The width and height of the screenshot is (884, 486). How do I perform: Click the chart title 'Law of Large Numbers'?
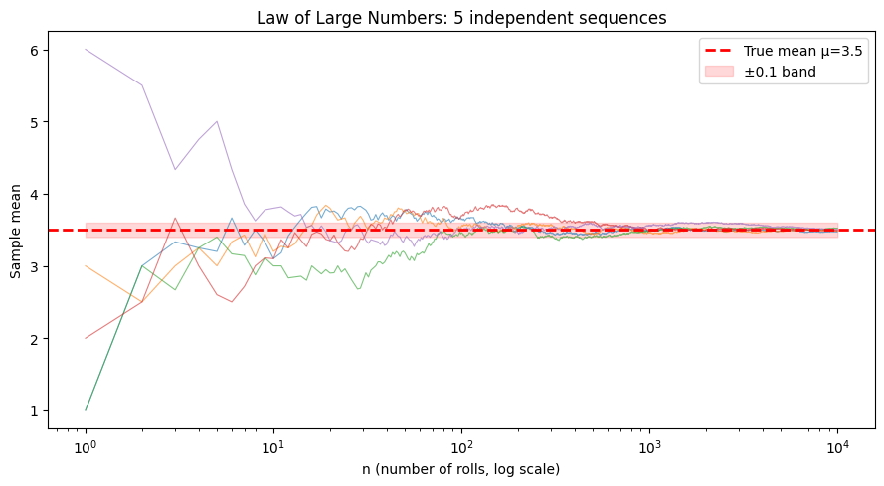[461, 18]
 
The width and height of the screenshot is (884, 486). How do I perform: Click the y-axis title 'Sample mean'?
[15, 230]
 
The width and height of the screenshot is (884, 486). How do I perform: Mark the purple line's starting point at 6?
[87, 50]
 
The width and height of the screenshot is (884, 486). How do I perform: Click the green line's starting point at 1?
[87, 409]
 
